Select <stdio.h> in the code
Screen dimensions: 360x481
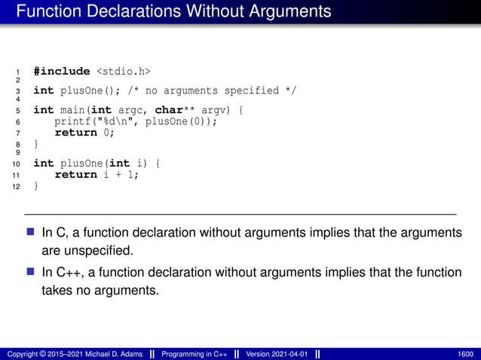[x=123, y=72]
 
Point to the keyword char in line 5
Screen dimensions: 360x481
[x=170, y=111]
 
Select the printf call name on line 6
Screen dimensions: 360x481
[x=75, y=121]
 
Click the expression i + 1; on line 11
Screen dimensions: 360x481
[x=121, y=175]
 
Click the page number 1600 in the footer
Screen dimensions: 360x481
[x=466, y=354]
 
